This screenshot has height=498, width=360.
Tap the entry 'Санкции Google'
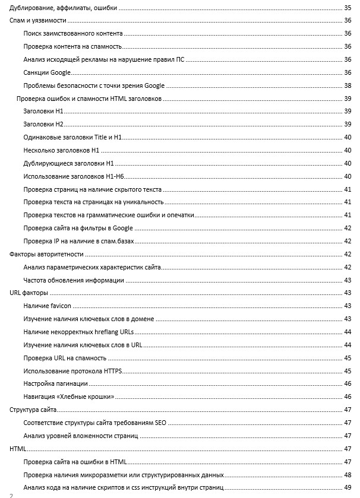tap(47, 72)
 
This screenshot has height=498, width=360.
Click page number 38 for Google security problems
tap(348, 85)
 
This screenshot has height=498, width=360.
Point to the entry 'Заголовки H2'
tap(43, 124)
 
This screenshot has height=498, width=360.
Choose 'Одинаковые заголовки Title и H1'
tap(72, 137)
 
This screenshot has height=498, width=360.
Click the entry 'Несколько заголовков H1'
tap(61, 150)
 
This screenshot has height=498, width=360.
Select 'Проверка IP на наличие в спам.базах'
tap(76, 241)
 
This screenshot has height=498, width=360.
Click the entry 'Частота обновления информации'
tap(74, 280)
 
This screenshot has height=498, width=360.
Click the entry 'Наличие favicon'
tap(48, 306)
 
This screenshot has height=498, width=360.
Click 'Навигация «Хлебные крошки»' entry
tap(68, 397)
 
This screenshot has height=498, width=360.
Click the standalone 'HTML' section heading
tap(18, 449)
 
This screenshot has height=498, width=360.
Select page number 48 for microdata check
tap(348, 475)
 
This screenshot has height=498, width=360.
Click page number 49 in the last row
tap(348, 488)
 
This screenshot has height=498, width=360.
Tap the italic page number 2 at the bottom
tap(11, 494)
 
